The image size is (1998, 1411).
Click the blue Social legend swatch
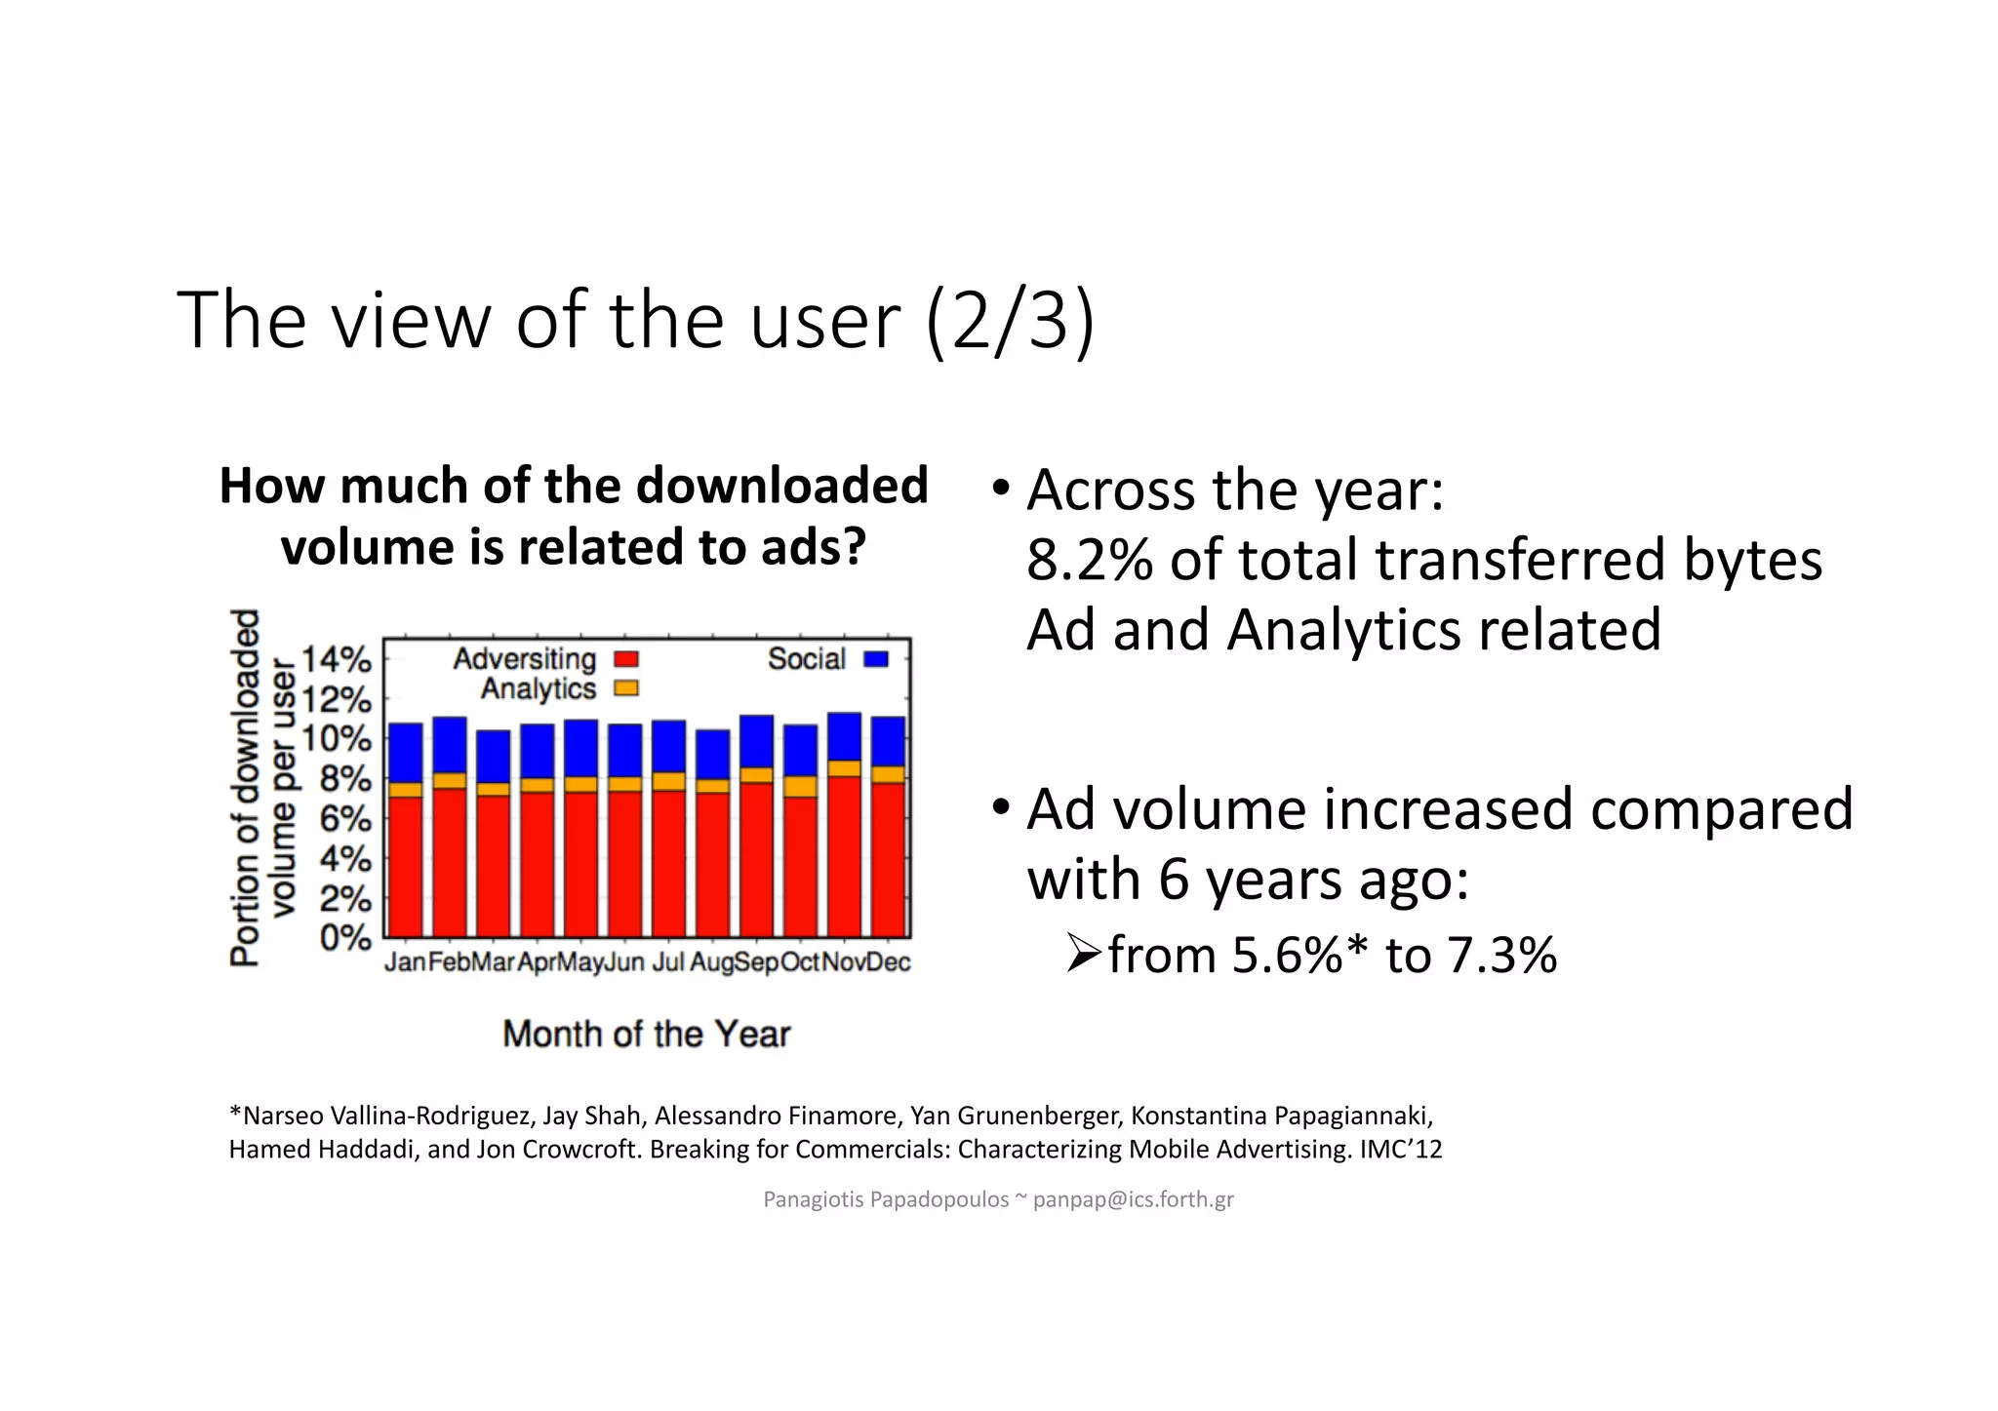click(876, 659)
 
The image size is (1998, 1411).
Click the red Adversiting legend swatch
click(625, 660)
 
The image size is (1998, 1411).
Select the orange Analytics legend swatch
click(625, 688)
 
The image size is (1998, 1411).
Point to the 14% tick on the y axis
click(336, 660)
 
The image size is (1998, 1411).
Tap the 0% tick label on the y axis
click(345, 938)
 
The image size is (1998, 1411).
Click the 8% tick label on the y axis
click(345, 779)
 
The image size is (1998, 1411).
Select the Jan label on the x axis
click(405, 962)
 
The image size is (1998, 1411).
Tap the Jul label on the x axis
click(668, 962)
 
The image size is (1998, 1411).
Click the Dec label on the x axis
click(888, 962)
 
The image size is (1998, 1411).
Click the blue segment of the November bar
click(844, 737)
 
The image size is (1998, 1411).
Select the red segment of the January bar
click(405, 866)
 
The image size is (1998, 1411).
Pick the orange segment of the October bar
click(800, 786)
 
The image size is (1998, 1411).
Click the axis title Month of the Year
click(646, 1034)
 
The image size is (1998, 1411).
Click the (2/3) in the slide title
click(1011, 321)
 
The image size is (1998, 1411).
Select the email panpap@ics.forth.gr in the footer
click(1133, 1199)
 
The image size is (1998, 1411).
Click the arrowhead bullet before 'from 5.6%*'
click(1083, 953)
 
